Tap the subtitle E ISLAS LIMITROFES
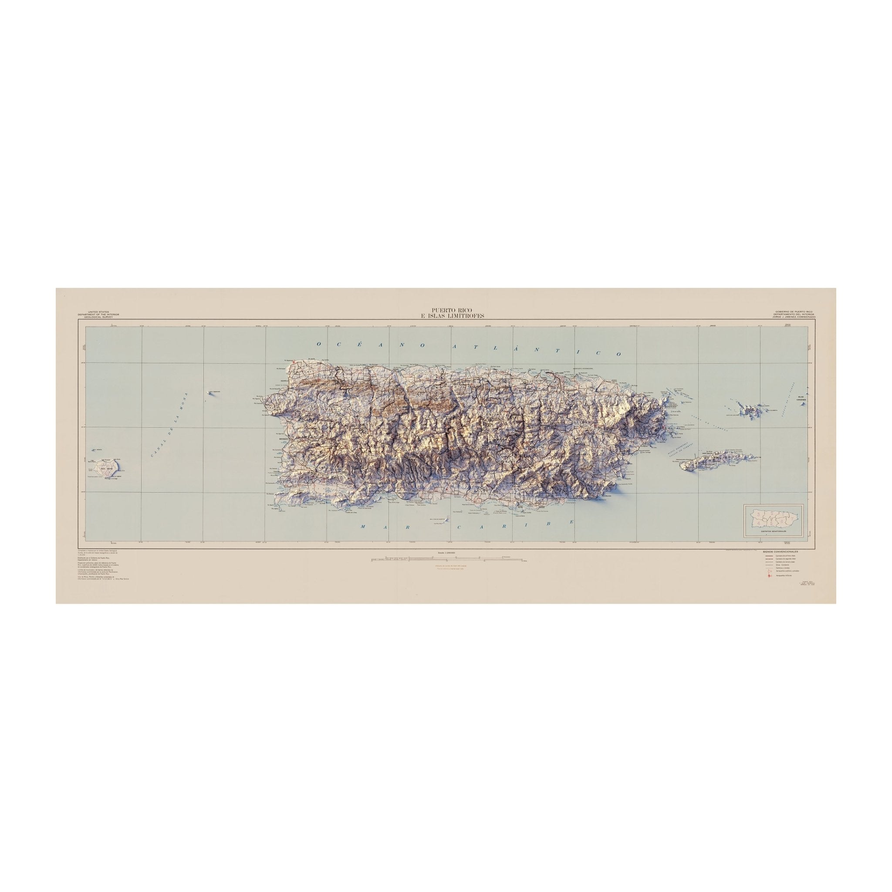pyautogui.click(x=446, y=316)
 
